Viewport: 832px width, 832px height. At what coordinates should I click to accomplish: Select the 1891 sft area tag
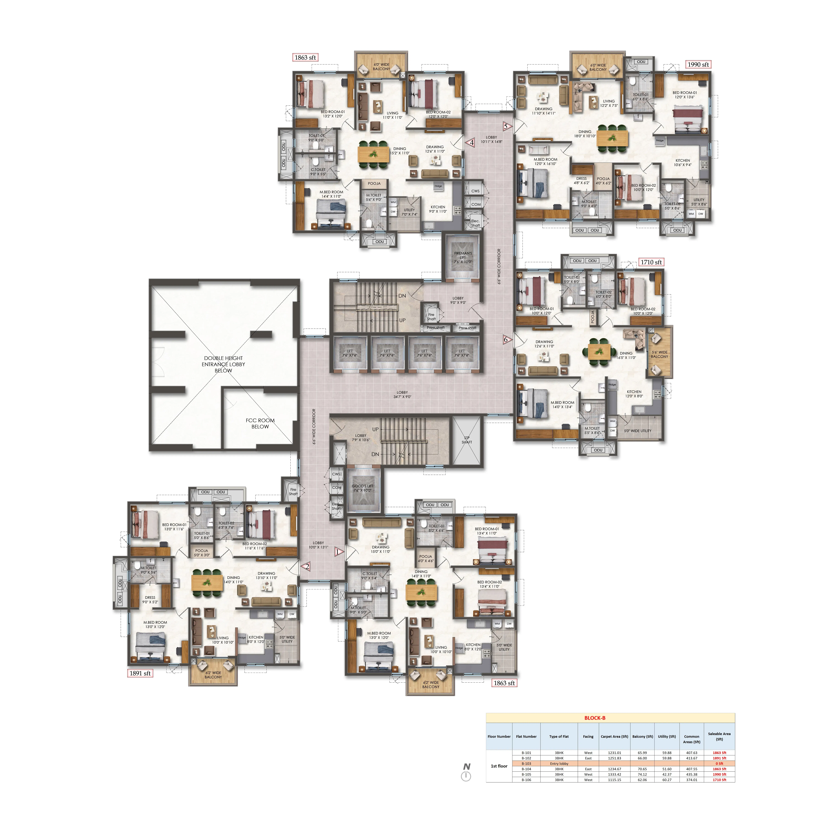pos(140,673)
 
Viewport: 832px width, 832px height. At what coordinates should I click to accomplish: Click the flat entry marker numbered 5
pos(506,127)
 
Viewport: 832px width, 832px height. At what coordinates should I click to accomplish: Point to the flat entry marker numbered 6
pos(506,340)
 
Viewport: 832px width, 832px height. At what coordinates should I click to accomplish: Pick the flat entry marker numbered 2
pos(307,567)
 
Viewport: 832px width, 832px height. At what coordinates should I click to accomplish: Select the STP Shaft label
pos(467,440)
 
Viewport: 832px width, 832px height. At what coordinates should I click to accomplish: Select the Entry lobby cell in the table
pos(559,763)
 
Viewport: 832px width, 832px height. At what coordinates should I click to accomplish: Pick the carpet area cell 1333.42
pos(614,774)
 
